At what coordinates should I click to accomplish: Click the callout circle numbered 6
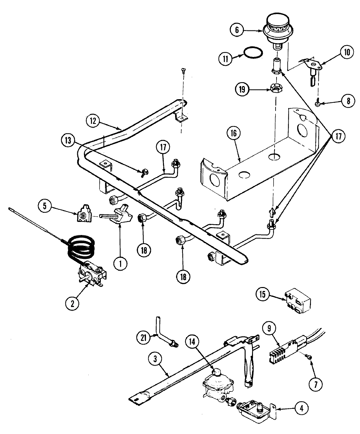click(x=237, y=30)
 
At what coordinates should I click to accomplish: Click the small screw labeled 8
click(x=318, y=103)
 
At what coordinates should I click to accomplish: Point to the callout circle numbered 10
click(x=347, y=52)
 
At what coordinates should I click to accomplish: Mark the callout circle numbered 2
click(x=72, y=303)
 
